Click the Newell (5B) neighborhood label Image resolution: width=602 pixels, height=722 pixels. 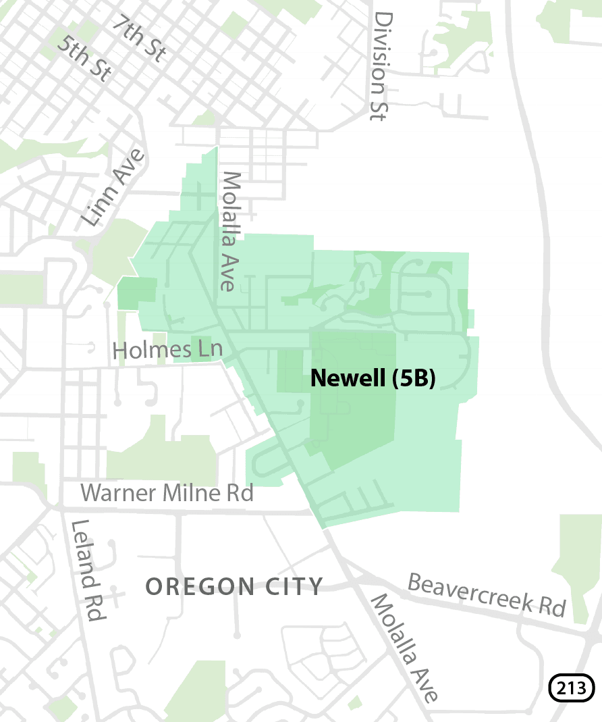(x=373, y=379)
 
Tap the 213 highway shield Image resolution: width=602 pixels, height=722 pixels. (x=572, y=689)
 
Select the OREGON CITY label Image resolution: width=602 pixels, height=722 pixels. (x=235, y=586)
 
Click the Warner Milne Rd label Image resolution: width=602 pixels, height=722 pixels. (x=167, y=493)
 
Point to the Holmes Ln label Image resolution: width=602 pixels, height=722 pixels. (x=167, y=350)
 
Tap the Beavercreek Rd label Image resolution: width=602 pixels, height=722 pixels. (x=487, y=594)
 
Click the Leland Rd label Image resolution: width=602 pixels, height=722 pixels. (x=88, y=571)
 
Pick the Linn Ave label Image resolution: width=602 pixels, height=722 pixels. (x=113, y=188)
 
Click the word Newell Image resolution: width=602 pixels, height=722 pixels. (x=348, y=379)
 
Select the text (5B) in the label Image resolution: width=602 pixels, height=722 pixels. (x=413, y=379)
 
